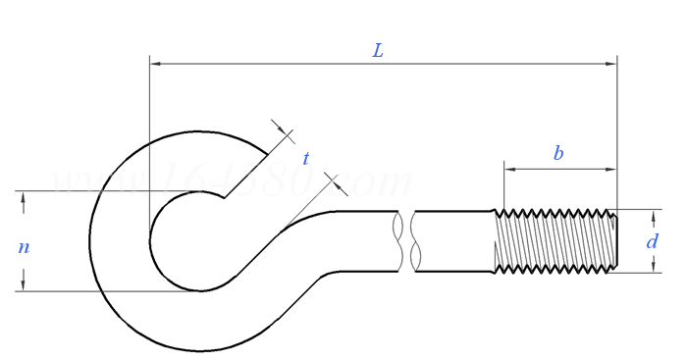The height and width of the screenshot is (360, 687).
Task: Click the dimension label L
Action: click(378, 51)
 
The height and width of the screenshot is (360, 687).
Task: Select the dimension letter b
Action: click(558, 154)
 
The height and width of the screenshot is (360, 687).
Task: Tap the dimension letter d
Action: click(652, 241)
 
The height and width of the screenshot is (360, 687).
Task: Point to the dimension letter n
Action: click(24, 247)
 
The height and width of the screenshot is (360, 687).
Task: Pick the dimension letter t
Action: click(305, 159)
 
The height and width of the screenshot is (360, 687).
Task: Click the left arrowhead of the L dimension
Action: click(155, 64)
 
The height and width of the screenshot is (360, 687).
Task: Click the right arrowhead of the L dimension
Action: click(611, 64)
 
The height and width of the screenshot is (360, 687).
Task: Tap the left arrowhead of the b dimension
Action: click(509, 169)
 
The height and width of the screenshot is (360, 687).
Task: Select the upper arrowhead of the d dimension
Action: click(652, 215)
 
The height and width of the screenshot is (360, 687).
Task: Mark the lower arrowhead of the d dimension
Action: click(652, 267)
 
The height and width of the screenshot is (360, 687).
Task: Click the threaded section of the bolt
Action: click(555, 240)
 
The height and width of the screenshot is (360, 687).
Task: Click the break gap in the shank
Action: click(406, 240)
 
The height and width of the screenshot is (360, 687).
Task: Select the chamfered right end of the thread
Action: click(613, 240)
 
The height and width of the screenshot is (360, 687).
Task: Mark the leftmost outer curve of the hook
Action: click(91, 240)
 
